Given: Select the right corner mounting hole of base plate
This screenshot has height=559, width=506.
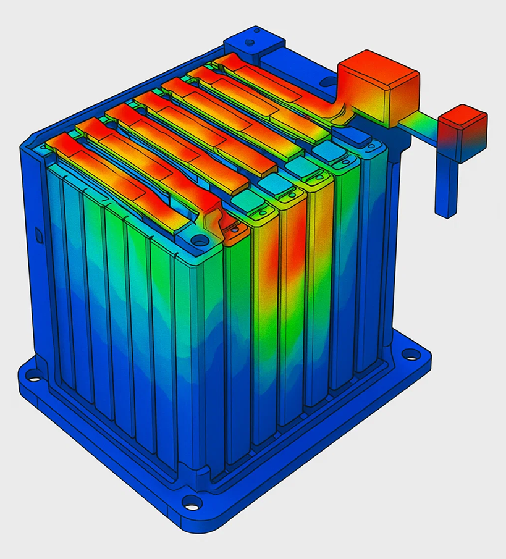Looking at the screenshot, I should click(x=410, y=355).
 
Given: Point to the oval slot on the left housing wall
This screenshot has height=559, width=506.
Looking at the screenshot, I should click(x=37, y=235).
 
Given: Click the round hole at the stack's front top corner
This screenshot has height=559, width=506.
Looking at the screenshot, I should click(x=198, y=238).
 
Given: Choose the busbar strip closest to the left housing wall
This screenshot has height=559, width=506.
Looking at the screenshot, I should click(x=124, y=173).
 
